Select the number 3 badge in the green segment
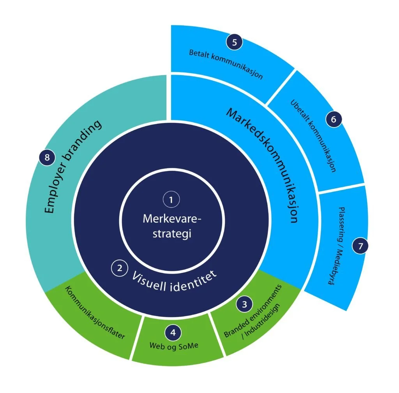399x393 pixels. [244, 304]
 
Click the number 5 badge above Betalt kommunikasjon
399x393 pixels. [234, 42]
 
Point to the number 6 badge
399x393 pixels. [334, 119]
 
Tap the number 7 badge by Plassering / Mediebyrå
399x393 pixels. [360, 246]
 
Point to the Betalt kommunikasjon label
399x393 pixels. [226, 64]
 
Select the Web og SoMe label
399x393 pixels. [174, 345]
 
